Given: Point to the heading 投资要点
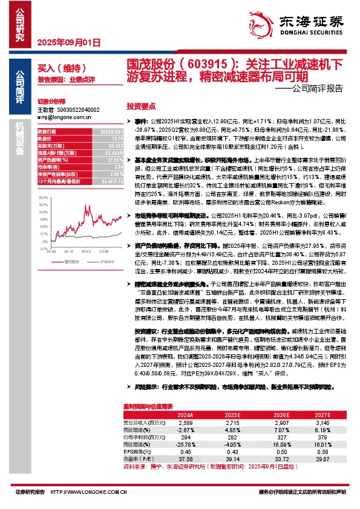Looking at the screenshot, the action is pyautogui.click(x=141, y=105).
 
